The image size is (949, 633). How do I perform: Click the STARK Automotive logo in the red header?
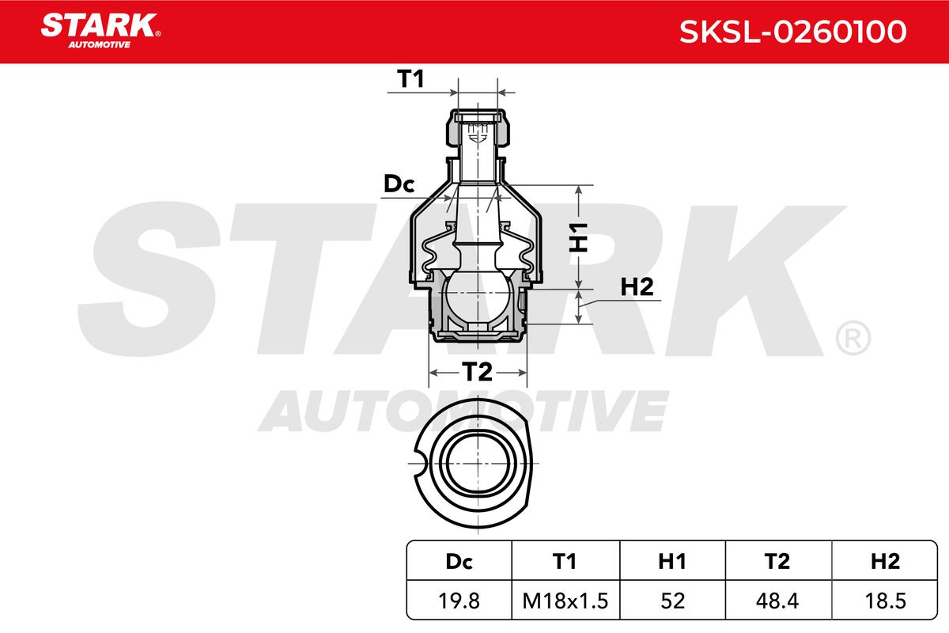click(x=100, y=29)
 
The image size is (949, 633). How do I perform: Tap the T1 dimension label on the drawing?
click(x=411, y=79)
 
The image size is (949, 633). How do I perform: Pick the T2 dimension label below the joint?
click(x=477, y=371)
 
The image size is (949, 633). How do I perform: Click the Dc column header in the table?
click(x=459, y=562)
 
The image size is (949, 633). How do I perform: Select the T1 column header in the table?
click(x=565, y=562)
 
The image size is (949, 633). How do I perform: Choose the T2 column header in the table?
click(x=778, y=562)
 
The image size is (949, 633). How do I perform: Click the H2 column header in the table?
click(x=884, y=562)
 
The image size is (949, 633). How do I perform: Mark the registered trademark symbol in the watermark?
click(x=853, y=339)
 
